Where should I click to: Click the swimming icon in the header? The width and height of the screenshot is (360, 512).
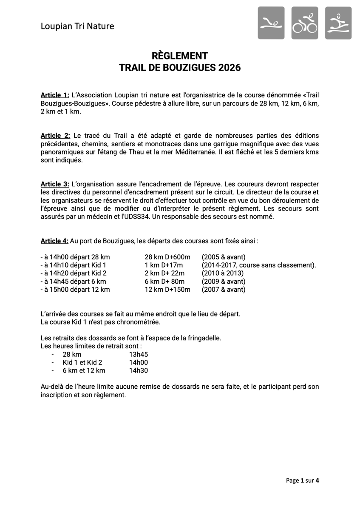271,23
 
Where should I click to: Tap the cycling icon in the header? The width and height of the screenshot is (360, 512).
305,23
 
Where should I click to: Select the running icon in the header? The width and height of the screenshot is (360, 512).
338,23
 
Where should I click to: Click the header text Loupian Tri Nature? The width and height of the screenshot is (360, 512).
77,26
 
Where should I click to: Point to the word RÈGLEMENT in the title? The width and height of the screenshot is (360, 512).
180,56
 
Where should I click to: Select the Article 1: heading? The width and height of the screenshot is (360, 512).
55,95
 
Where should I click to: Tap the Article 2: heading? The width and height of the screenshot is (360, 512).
55,136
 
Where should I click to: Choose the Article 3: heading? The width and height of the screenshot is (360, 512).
55,184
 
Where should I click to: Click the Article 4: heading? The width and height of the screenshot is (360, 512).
54,241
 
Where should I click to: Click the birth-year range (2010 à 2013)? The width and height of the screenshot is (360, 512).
223,273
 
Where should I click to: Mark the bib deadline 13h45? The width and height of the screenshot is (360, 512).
139,354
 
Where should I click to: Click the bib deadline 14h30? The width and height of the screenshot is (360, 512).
139,370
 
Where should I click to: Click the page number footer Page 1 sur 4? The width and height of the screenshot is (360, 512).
303,481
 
